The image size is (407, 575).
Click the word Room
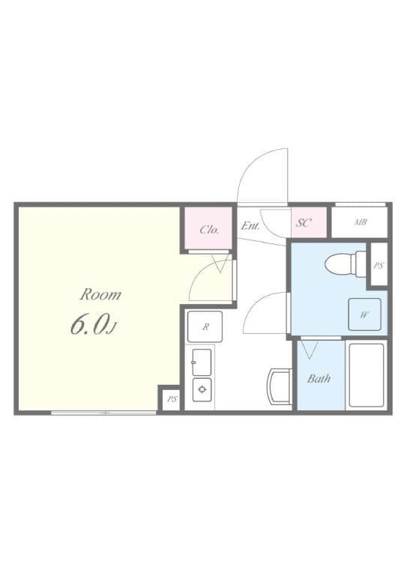pos(100,293)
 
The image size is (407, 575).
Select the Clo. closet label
pos(209,230)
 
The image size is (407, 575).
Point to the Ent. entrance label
pos(250,225)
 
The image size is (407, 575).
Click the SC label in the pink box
pos(304,223)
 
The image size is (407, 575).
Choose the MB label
pos(360,222)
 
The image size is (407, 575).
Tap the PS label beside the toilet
pos(379,265)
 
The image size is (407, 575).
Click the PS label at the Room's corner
pos(172,399)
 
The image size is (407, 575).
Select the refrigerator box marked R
pos(205,326)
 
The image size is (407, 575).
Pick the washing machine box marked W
pos(364,314)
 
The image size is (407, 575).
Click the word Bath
pos(319,378)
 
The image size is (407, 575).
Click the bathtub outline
pos(366,374)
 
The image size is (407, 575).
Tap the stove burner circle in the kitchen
pos(202,389)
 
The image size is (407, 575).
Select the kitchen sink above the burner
pos(202,362)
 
